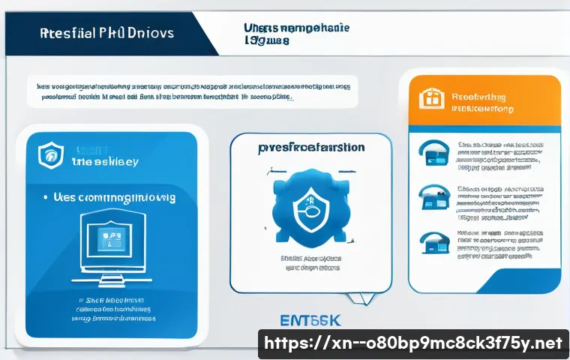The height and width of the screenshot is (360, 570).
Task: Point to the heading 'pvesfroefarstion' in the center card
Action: click(310, 148)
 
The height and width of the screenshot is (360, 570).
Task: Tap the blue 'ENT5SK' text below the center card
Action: click(310, 321)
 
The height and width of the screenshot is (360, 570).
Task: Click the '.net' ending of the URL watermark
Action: click(545, 343)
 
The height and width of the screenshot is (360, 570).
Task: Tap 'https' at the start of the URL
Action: click(291, 343)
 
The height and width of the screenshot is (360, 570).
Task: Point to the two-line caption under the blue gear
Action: click(310, 262)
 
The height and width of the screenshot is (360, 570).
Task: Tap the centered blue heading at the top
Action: click(296, 34)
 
